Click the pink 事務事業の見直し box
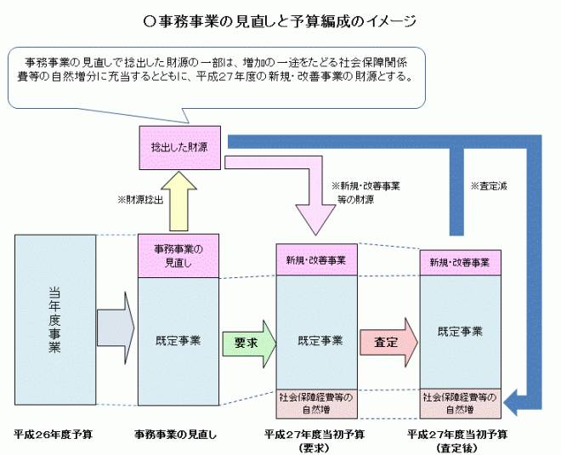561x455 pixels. pos(178,255)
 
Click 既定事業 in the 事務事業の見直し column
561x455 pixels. pos(178,341)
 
